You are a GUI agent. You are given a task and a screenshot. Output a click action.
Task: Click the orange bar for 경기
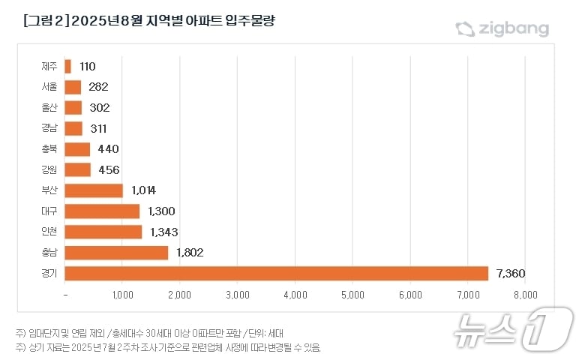point(277,273)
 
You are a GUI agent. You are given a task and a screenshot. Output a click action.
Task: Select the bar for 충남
point(116,253)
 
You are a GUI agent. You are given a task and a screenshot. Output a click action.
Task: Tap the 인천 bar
point(103,232)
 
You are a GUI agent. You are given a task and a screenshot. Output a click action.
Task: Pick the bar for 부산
point(94,190)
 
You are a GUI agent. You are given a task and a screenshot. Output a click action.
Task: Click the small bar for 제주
point(68,67)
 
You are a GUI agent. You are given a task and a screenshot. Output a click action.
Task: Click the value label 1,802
point(190,253)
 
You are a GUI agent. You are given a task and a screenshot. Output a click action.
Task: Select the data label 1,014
point(142,190)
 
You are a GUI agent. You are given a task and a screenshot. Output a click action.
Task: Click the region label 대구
point(49,211)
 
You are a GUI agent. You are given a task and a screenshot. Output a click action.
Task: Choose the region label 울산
point(49,108)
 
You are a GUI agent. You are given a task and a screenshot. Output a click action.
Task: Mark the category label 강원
point(49,170)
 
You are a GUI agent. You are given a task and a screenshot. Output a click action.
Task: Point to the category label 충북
point(49,149)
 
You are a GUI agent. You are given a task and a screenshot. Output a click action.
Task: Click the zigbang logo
point(502,29)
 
